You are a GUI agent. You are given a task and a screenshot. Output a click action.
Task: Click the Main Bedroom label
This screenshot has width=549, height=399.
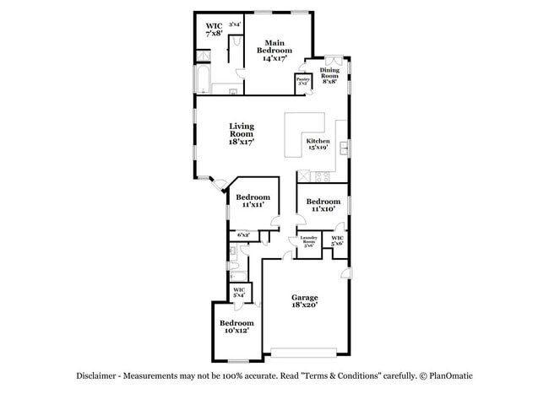274,51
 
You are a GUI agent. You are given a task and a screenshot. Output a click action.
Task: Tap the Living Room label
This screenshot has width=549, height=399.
241,134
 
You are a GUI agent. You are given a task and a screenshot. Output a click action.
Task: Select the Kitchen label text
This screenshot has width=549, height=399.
318,144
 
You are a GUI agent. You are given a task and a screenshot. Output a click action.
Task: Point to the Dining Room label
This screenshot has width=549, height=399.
329,76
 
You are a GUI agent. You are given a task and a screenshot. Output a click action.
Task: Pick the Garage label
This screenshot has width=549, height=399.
304,302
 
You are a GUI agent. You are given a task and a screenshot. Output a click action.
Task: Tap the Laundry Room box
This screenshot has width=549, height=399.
308,243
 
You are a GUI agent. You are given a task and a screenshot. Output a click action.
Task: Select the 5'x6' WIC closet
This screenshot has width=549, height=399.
337,242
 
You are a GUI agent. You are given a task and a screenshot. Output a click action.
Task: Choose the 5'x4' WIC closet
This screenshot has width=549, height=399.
238,294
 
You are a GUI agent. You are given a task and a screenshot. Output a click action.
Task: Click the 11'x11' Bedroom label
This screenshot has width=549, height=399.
253,201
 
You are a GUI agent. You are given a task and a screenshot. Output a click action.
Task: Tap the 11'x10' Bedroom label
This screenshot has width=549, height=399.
323,205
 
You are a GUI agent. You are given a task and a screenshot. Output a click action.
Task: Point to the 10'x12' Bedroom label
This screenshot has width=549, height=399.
236,327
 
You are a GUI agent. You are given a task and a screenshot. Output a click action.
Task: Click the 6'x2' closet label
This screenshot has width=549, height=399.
243,235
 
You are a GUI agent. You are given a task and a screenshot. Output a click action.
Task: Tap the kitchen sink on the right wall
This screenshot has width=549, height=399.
344,149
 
